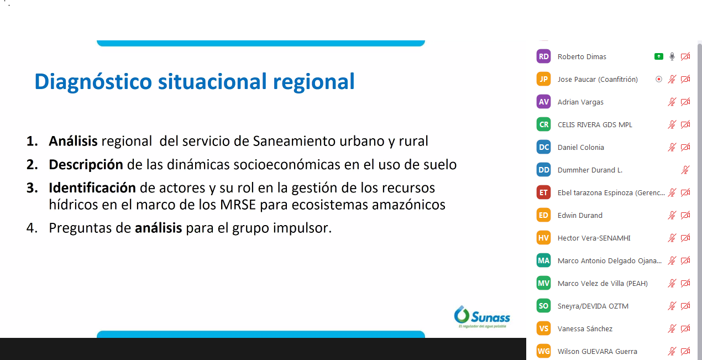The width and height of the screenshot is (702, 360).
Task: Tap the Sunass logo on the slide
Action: tap(482, 317)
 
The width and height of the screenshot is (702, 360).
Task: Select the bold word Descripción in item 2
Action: tap(86, 165)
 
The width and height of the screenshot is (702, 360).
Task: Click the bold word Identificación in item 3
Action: tap(92, 188)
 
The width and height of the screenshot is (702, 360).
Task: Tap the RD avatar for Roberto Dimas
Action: tap(543, 56)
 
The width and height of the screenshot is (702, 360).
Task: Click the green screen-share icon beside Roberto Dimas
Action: tap(659, 56)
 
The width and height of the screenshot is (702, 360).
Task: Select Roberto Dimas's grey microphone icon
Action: tap(672, 56)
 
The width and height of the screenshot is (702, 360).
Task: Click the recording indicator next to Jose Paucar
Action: tap(659, 79)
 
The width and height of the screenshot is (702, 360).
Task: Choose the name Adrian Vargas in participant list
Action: tap(580, 102)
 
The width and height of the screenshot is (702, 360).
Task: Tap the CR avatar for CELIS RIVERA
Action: tap(543, 124)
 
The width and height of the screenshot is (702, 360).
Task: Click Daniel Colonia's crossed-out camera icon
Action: tap(685, 147)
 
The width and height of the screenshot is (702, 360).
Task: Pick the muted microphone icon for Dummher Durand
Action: tap(685, 170)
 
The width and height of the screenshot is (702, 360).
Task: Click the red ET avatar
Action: tap(543, 192)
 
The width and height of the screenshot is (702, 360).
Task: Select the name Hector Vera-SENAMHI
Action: tap(594, 238)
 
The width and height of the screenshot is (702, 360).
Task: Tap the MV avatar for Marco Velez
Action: tap(543, 283)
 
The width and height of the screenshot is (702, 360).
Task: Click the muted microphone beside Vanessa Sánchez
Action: tap(672, 328)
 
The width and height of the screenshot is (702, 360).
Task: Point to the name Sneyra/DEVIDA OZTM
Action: tap(593, 306)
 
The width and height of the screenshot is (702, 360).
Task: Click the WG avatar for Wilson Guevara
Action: tap(543, 351)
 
